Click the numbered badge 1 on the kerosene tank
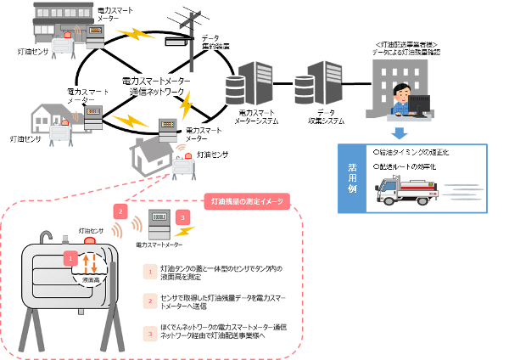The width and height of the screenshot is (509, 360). click(x=71, y=256)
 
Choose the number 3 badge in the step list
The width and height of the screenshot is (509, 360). click(x=149, y=334)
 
